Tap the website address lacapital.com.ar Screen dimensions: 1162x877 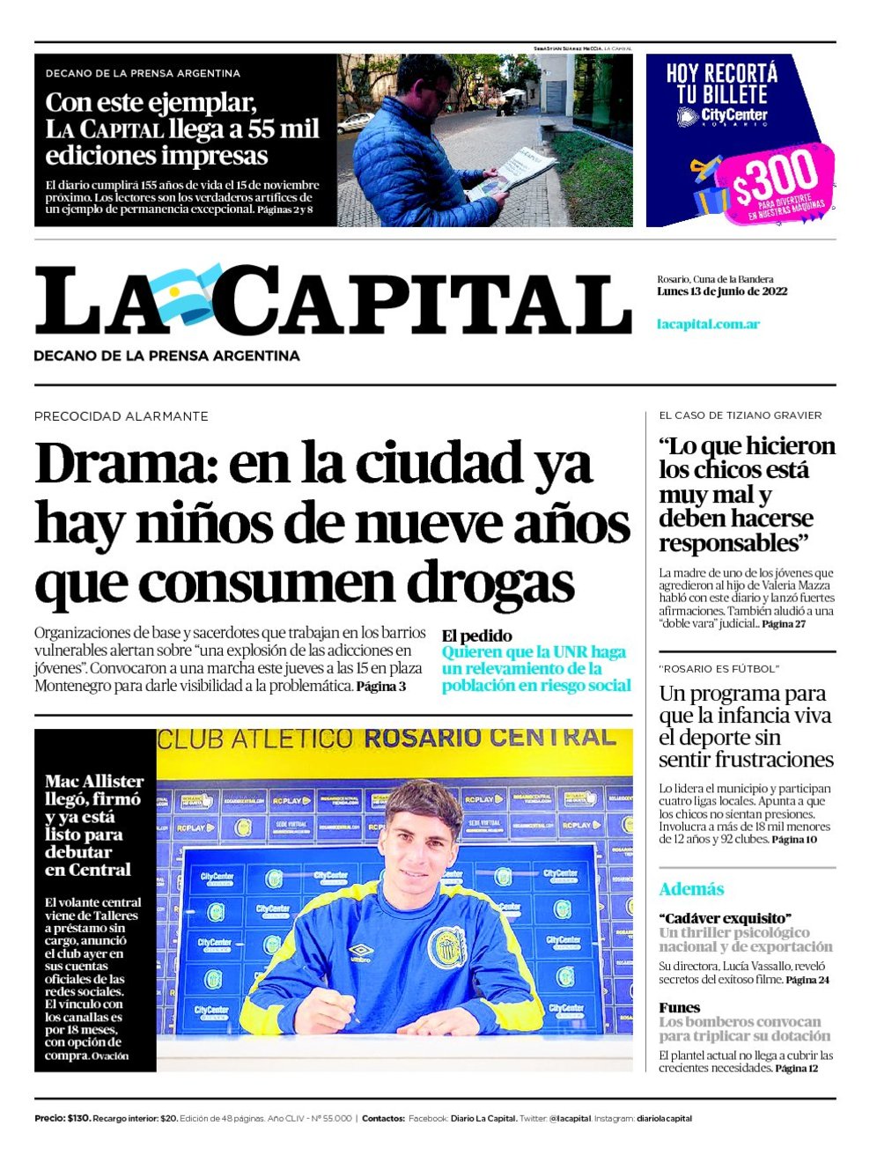708,324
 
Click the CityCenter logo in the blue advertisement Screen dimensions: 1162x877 722,116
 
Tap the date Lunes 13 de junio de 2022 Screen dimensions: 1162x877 721,291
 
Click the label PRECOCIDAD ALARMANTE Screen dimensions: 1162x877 121,416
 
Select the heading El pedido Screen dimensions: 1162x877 476,636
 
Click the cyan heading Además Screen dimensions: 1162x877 691,889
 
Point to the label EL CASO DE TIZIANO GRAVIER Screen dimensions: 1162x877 740,416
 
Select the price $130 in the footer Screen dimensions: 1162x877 77,1119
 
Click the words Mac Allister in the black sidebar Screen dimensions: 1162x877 94,782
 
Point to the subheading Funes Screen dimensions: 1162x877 679,1008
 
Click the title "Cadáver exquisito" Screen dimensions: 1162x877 725,918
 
